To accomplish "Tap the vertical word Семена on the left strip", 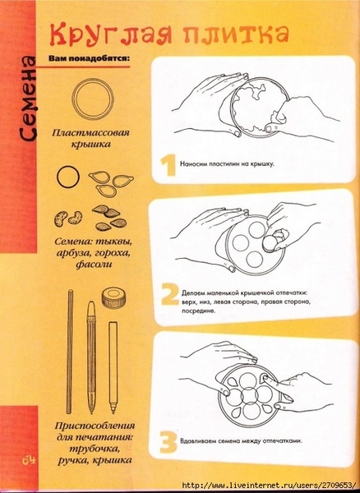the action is click(x=28, y=99).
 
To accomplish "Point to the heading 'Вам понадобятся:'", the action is click(x=89, y=58).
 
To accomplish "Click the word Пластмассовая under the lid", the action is click(x=90, y=132).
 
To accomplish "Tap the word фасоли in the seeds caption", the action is click(x=94, y=264).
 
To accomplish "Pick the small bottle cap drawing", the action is click(x=114, y=297).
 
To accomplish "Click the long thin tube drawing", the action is click(x=70, y=352).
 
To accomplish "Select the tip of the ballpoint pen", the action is click(x=91, y=412).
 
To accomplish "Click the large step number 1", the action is click(x=168, y=166).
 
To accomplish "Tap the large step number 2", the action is click(x=170, y=294).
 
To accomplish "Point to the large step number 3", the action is click(x=168, y=442).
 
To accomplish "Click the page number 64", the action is click(x=29, y=461).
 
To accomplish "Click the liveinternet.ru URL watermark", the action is click(x=270, y=485).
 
